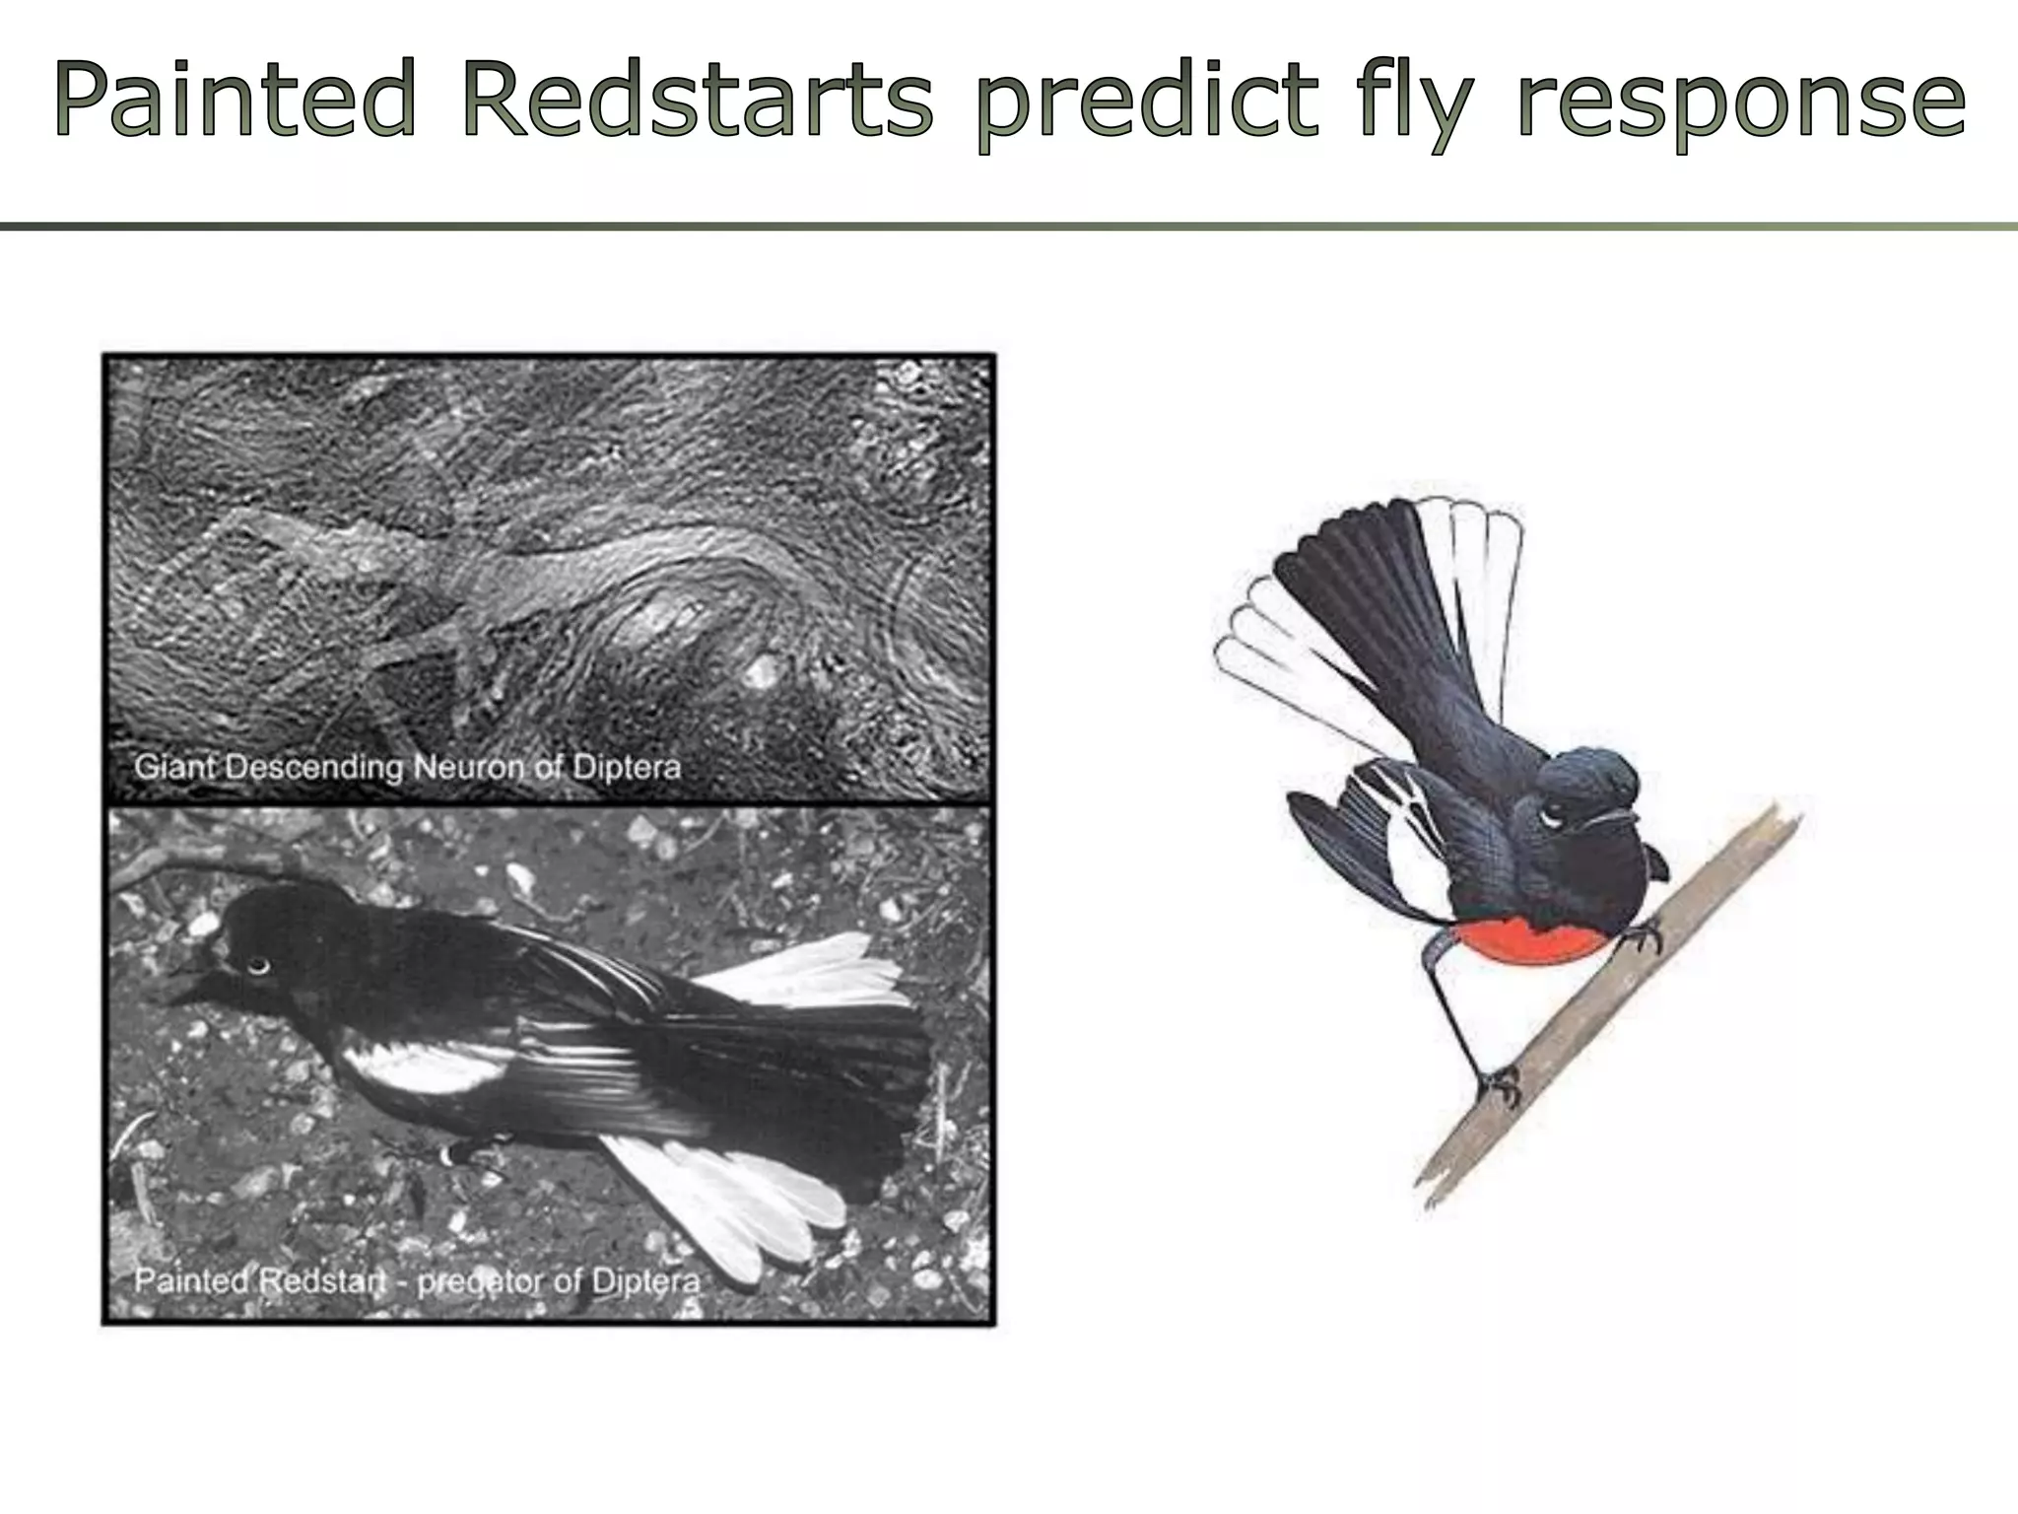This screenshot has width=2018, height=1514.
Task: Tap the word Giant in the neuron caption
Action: pos(175,767)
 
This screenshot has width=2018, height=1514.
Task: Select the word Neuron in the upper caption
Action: pos(467,767)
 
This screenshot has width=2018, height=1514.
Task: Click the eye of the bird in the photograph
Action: pos(257,965)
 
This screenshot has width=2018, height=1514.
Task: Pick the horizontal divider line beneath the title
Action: pos(1009,227)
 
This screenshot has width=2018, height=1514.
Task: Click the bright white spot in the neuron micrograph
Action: pos(760,674)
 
